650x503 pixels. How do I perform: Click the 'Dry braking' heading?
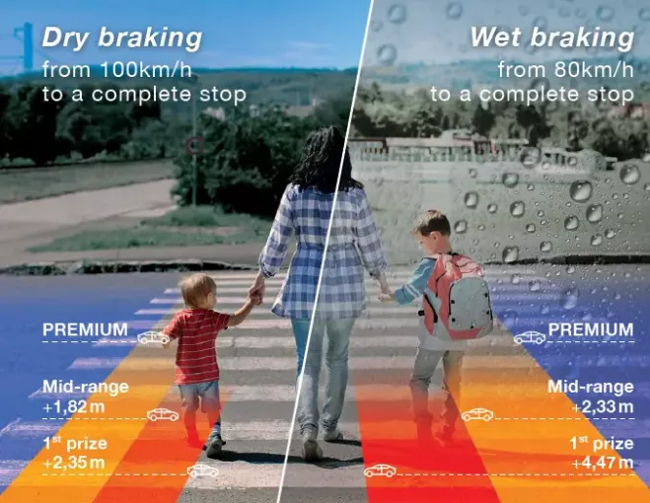(x=122, y=37)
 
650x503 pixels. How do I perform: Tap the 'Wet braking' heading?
(x=551, y=37)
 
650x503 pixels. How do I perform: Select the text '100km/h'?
(x=146, y=69)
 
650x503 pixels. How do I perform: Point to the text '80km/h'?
(x=594, y=69)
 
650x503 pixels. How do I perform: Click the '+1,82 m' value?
(x=73, y=407)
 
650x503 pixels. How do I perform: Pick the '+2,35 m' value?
(x=73, y=463)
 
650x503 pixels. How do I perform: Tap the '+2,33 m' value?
(x=604, y=407)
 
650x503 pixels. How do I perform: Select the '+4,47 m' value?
(x=604, y=463)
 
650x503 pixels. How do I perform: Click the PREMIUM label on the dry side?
(x=85, y=329)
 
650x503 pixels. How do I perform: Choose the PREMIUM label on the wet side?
(x=591, y=329)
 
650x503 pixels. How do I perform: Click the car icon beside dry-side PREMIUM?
(x=154, y=337)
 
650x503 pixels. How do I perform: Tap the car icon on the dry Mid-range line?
(x=163, y=414)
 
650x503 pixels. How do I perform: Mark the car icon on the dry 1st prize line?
(x=203, y=470)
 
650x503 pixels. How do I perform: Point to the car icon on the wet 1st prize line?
(x=380, y=470)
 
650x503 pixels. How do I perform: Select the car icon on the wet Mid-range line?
(x=477, y=414)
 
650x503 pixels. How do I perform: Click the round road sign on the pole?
(x=194, y=146)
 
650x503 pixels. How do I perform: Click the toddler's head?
(x=197, y=290)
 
